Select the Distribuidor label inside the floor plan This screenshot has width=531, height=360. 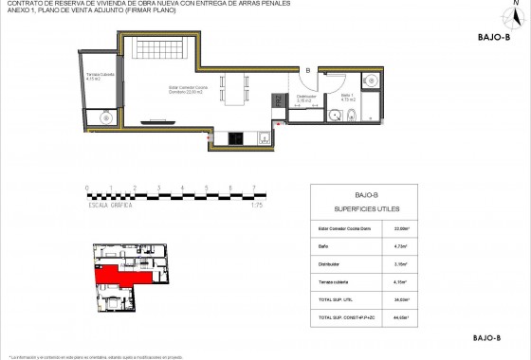[305, 98]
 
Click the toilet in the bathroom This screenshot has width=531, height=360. [352, 117]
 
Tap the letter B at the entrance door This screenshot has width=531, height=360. [307, 69]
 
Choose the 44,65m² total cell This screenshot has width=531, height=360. [402, 315]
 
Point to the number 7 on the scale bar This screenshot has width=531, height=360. [253, 189]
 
